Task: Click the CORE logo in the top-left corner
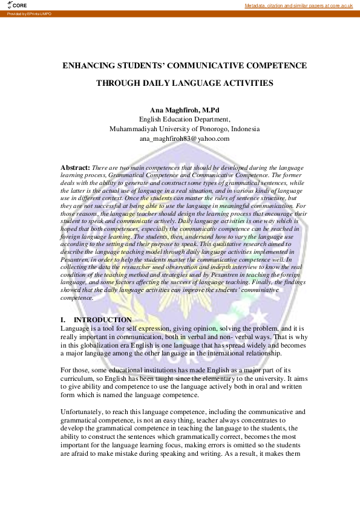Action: (19, 5)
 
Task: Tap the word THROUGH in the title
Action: (119, 83)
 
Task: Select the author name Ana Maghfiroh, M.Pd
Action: (184, 110)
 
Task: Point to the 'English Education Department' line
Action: (184, 119)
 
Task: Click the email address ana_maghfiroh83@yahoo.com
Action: (184, 138)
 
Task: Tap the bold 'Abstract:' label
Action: (76, 167)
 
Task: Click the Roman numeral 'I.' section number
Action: (63, 319)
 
